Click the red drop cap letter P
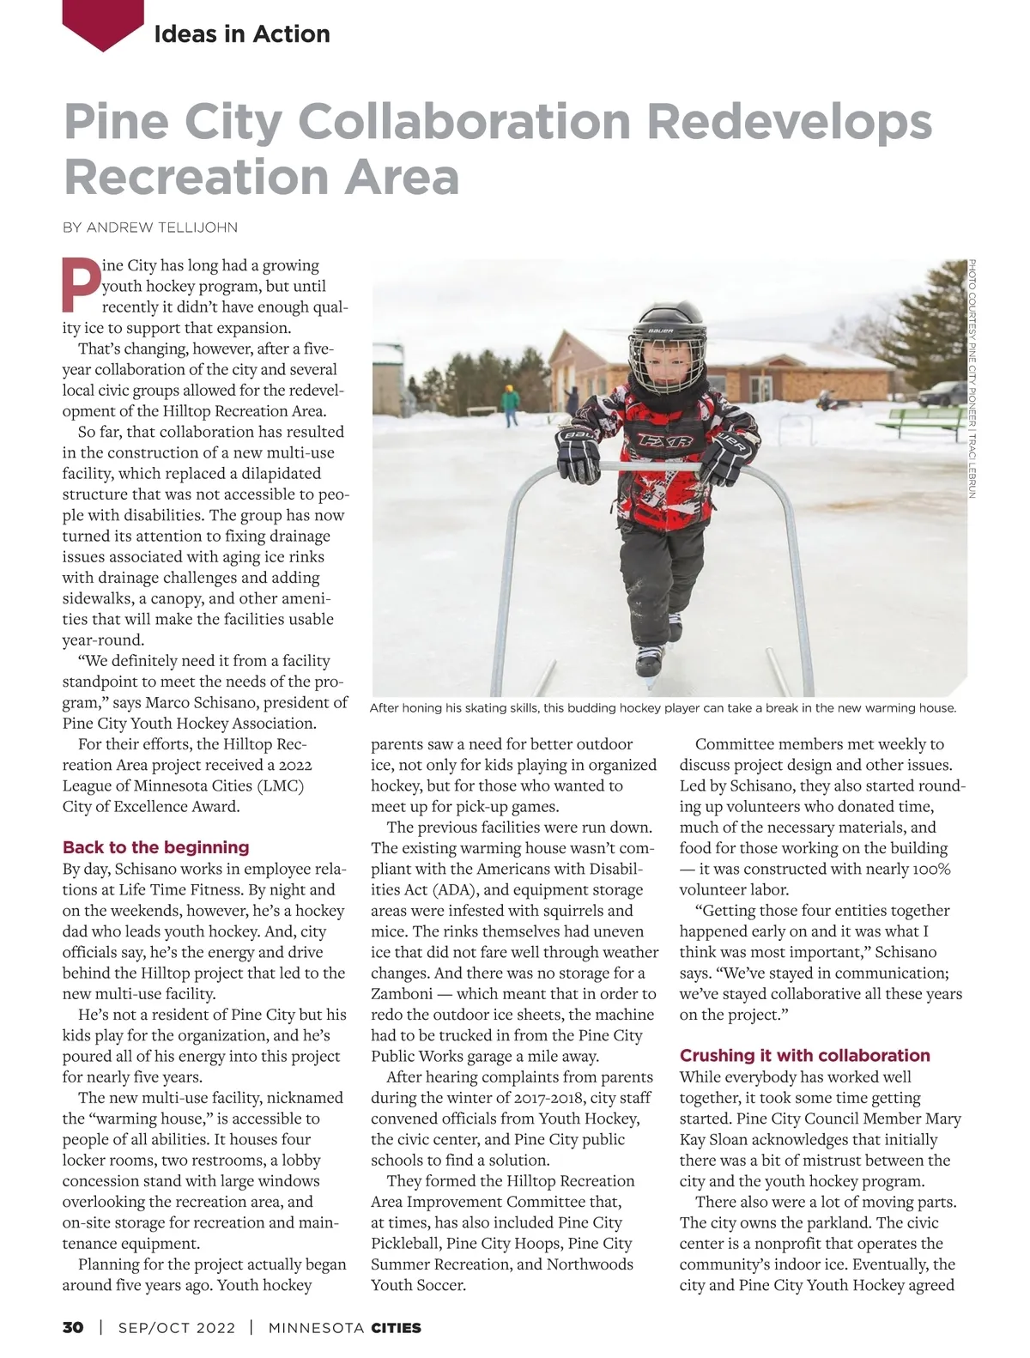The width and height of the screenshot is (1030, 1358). click(x=81, y=283)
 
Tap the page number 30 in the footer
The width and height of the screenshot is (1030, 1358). click(x=73, y=1328)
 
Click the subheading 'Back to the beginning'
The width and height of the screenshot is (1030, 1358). click(x=155, y=847)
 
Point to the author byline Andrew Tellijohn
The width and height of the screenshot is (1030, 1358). click(x=150, y=227)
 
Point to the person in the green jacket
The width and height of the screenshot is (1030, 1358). click(x=512, y=404)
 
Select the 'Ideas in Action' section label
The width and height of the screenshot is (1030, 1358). click(x=241, y=33)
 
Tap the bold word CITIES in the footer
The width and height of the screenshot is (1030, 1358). click(x=396, y=1328)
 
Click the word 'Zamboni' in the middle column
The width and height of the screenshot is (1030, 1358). click(x=403, y=994)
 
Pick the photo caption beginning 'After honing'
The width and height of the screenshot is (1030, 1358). click(x=662, y=708)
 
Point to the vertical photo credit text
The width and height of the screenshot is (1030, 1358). click(x=972, y=378)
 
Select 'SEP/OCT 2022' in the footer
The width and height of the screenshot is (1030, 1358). click(x=176, y=1328)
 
